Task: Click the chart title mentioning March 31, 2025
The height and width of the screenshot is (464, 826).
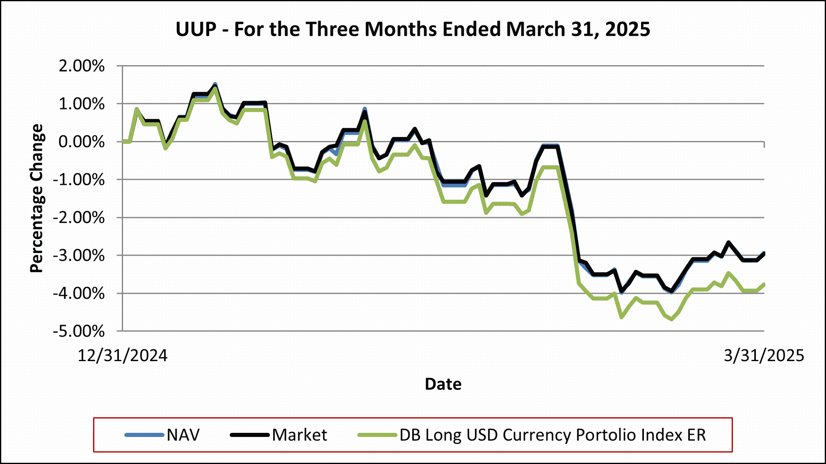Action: coord(413,30)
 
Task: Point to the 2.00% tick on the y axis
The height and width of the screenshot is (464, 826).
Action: coord(82,66)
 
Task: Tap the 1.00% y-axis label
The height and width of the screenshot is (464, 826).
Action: coord(82,104)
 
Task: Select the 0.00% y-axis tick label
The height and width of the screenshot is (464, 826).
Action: coord(82,142)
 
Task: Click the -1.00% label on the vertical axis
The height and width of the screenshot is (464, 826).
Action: coord(79,180)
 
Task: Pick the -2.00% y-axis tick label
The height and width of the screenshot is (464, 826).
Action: coord(79,218)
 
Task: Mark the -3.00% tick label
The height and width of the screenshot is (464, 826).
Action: coord(79,255)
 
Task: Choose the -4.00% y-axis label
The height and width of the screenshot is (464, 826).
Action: coord(79,293)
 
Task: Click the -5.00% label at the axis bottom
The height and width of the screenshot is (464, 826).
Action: coord(79,331)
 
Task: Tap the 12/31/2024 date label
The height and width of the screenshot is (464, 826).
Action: coord(123,355)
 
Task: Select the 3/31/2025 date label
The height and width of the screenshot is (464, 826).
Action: coord(764,355)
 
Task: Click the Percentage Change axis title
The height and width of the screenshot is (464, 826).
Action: coord(37,198)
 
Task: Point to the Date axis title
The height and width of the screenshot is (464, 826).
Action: coord(443,384)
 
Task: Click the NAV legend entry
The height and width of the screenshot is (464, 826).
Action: coord(183,435)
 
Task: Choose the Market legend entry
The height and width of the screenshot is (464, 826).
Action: coord(299,435)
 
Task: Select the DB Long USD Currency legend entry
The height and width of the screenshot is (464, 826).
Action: coord(552,435)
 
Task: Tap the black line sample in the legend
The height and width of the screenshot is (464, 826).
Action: coord(250,434)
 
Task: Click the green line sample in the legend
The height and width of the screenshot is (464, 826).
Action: coord(377,434)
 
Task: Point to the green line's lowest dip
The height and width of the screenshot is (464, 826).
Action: coord(671,319)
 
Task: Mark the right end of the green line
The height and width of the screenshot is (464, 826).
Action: coord(764,284)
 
